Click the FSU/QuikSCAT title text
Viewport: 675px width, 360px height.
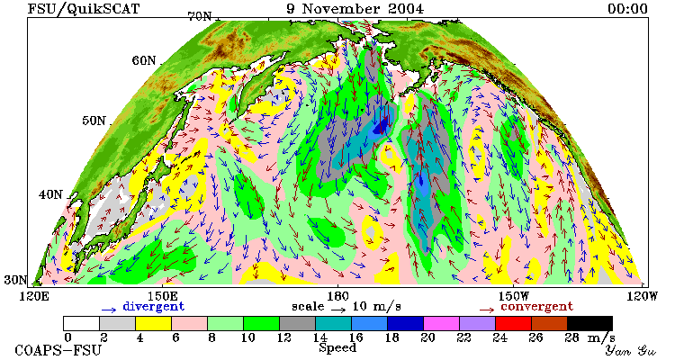pos(84,9)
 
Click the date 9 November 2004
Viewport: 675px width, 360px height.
pos(355,9)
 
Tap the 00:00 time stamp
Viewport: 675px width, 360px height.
pos(627,9)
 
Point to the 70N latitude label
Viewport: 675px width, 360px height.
pos(200,16)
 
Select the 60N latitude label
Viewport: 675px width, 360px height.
pos(144,60)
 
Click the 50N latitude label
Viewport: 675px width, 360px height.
pos(94,120)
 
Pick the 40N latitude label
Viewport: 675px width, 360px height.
pos(50,194)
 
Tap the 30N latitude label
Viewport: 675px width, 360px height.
pos(15,280)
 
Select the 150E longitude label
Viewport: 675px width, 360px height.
pos(162,297)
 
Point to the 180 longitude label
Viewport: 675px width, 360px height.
pos(337,297)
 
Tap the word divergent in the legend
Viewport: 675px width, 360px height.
pos(154,307)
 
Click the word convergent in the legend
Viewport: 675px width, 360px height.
pos(536,307)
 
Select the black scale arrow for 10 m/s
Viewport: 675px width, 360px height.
pos(338,309)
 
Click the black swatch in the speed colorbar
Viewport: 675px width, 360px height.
pos(589,323)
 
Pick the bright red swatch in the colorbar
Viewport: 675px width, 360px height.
pos(513,323)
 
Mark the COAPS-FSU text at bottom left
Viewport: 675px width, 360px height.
pos(58,350)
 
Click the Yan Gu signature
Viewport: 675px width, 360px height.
pos(630,350)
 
